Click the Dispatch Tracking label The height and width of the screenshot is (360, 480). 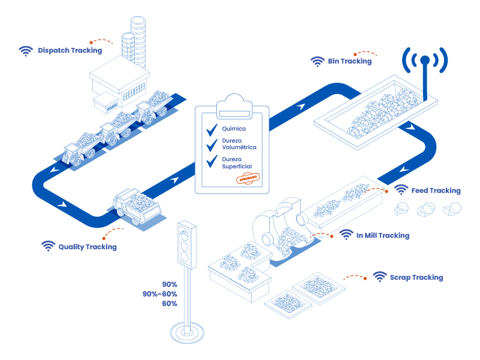point(70,51)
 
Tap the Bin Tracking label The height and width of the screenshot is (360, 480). point(350,61)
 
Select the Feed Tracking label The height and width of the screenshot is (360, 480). point(436,190)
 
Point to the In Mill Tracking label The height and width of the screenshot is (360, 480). point(382,235)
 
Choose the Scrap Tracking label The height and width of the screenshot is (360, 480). point(416,277)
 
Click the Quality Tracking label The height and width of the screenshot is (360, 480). point(87,247)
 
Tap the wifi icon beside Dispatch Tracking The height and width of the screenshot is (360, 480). point(25,51)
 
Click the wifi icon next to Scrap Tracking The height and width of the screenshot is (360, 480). point(379,277)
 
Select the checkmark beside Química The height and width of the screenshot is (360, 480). point(211,129)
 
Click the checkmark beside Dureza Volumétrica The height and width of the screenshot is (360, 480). point(211,145)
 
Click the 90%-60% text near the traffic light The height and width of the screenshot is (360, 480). point(160,294)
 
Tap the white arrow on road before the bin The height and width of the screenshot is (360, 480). point(300,106)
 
